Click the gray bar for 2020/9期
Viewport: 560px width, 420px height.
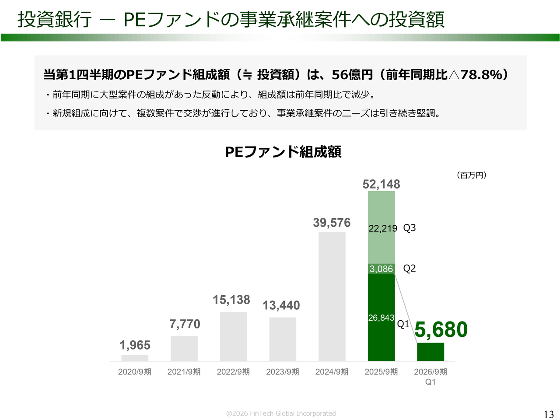[135, 358]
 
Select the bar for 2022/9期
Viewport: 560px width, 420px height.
[233, 336]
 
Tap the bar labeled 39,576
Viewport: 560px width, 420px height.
[332, 296]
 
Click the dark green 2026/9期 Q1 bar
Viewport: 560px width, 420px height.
[430, 352]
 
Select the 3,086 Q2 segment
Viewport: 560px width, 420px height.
[381, 269]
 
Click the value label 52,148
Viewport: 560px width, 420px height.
[381, 184]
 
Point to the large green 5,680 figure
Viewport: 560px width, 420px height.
[441, 329]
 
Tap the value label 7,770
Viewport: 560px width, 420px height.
[185, 324]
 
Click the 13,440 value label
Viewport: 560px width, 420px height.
[281, 305]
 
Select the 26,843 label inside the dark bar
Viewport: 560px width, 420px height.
[381, 318]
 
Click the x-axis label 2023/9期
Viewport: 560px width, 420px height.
[283, 372]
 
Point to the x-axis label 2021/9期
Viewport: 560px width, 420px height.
[184, 372]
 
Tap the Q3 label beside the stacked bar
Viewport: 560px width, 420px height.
[409, 228]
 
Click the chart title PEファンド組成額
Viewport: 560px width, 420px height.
[283, 152]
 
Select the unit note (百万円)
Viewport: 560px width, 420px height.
[472, 175]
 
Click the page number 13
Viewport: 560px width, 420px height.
[549, 414]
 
